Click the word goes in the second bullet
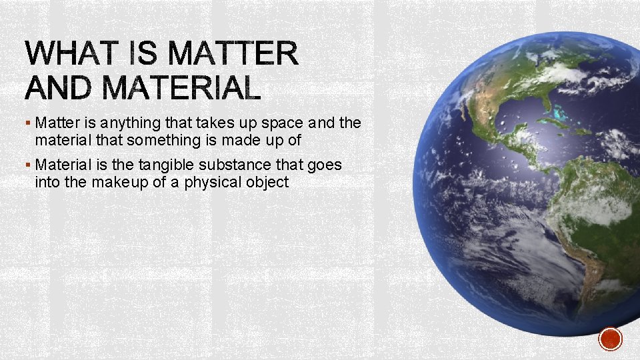tap(325, 165)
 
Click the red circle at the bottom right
tap(610, 339)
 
